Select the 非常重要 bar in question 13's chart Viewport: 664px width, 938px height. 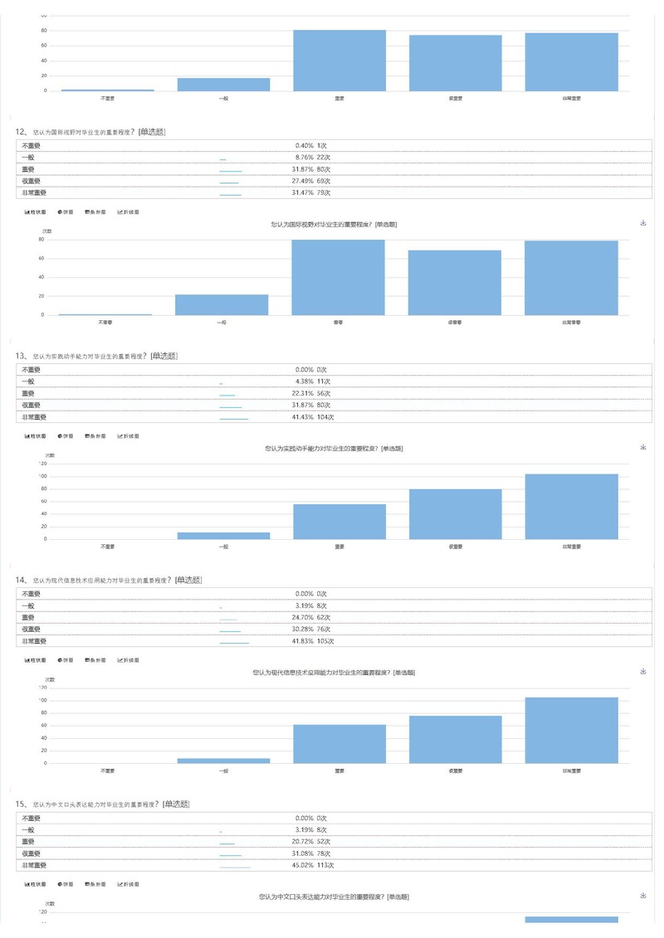(x=571, y=506)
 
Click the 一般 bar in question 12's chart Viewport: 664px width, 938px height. (x=222, y=304)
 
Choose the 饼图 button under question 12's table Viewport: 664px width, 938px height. (x=65, y=211)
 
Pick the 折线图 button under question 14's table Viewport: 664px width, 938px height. (x=129, y=660)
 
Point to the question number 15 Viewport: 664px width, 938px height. (x=22, y=804)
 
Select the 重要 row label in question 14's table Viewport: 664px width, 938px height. (x=28, y=618)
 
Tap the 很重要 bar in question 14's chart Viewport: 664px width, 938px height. (x=455, y=739)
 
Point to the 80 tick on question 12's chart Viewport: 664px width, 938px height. (x=41, y=240)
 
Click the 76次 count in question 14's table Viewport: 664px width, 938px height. (x=324, y=629)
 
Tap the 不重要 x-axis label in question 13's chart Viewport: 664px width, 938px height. (x=107, y=547)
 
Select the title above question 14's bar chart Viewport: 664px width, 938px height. (x=333, y=673)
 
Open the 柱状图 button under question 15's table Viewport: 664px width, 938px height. (x=36, y=885)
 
